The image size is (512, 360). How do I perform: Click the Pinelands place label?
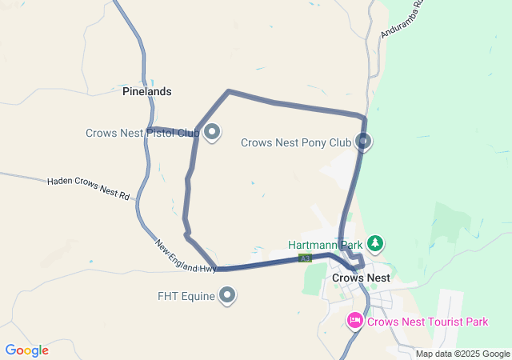(x=146, y=92)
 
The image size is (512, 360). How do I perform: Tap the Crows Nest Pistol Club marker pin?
(x=212, y=132)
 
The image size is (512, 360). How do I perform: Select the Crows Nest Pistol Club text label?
(x=142, y=133)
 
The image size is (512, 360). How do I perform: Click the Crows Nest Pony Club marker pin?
(x=364, y=142)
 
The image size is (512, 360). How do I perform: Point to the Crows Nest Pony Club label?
(x=296, y=143)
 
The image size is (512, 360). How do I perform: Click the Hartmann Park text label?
(x=326, y=244)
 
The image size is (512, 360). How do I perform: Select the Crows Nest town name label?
(x=361, y=278)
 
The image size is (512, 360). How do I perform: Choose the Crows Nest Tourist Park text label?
(x=428, y=322)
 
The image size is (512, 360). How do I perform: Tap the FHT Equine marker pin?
(x=228, y=296)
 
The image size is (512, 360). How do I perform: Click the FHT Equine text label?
(x=186, y=297)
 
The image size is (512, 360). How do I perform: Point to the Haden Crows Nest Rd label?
(x=88, y=188)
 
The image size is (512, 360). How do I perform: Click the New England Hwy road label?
(x=186, y=257)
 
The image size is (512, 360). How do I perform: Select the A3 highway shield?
(x=305, y=258)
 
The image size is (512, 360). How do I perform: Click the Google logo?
(x=26, y=350)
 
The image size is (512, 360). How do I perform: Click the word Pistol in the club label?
(x=162, y=133)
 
